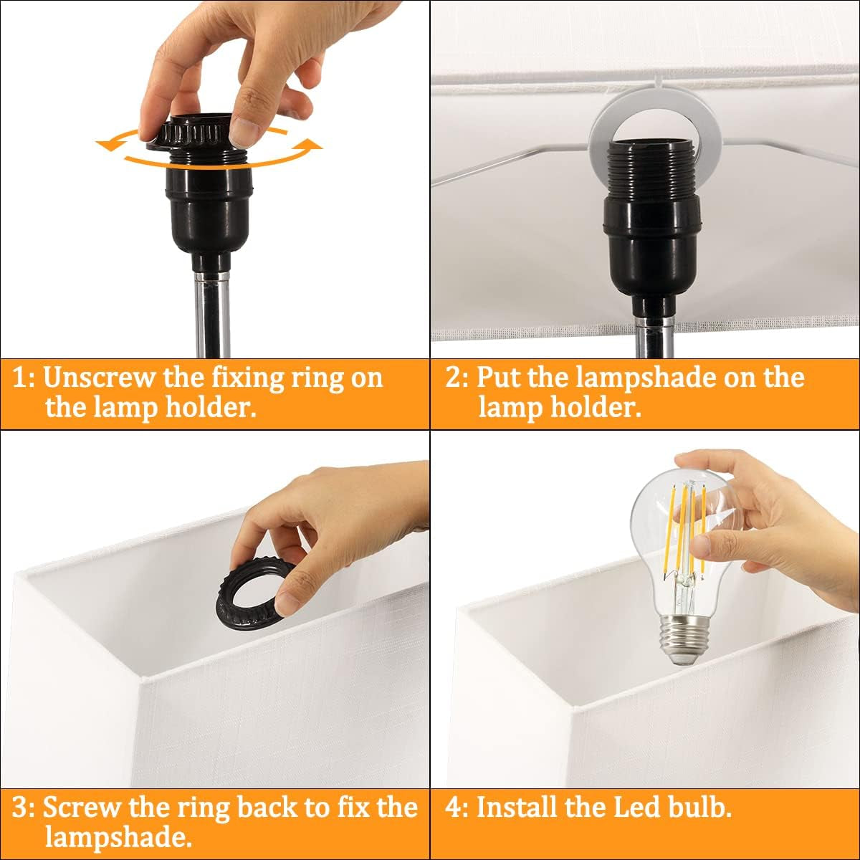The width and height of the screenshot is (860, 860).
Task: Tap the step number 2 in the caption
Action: pyautogui.click(x=453, y=378)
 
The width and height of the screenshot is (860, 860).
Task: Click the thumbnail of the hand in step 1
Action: pyautogui.click(x=247, y=133)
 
